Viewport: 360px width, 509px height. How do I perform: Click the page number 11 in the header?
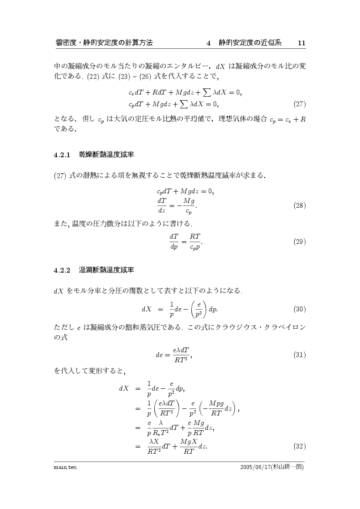[301, 43]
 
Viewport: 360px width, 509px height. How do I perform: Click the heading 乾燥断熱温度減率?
[106, 154]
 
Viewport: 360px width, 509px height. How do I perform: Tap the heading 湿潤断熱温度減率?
[106, 270]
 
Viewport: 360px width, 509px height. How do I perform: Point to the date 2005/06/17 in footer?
[255, 467]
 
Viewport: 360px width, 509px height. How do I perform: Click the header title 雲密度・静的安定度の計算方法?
[104, 43]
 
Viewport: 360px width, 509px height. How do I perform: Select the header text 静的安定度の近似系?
[250, 43]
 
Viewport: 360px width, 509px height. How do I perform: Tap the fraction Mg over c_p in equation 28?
[188, 206]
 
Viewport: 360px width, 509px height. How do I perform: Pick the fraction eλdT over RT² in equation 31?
[180, 355]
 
